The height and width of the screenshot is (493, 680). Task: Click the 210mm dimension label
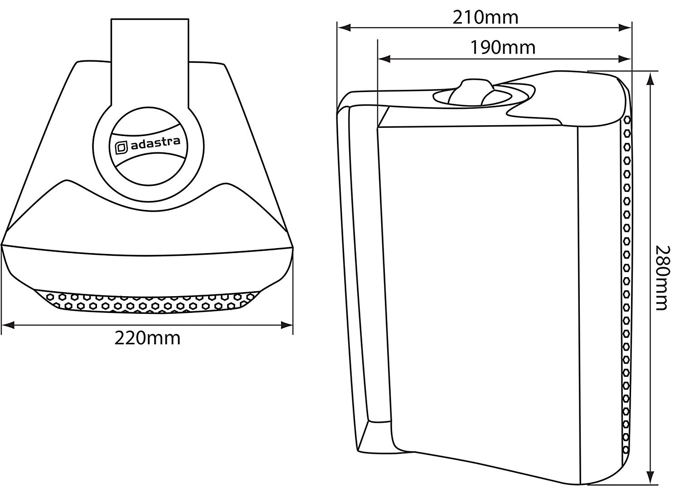[486, 18]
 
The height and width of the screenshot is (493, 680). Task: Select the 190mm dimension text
[503, 48]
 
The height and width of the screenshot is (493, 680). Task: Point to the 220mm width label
[147, 338]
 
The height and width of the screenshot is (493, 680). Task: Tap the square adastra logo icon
[121, 148]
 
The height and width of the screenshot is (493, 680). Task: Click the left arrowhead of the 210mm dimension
[344, 28]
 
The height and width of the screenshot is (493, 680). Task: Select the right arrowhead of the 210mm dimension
[625, 28]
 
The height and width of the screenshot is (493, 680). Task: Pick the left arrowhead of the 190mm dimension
[384, 59]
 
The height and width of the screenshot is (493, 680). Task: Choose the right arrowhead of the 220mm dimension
[287, 325]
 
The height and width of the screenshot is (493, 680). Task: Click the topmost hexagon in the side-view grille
[627, 120]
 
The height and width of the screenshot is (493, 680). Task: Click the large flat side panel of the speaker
[480, 288]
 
